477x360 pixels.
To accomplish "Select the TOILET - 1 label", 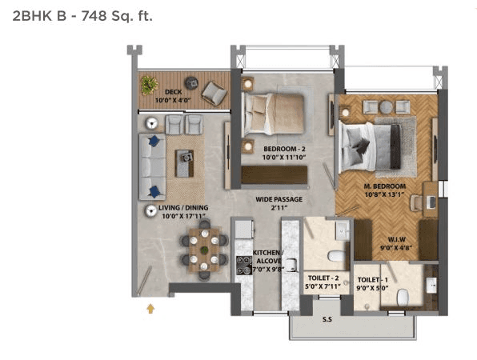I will [372, 281].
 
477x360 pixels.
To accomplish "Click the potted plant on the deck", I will [149, 83].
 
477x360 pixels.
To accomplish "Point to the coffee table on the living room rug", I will [186, 163].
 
